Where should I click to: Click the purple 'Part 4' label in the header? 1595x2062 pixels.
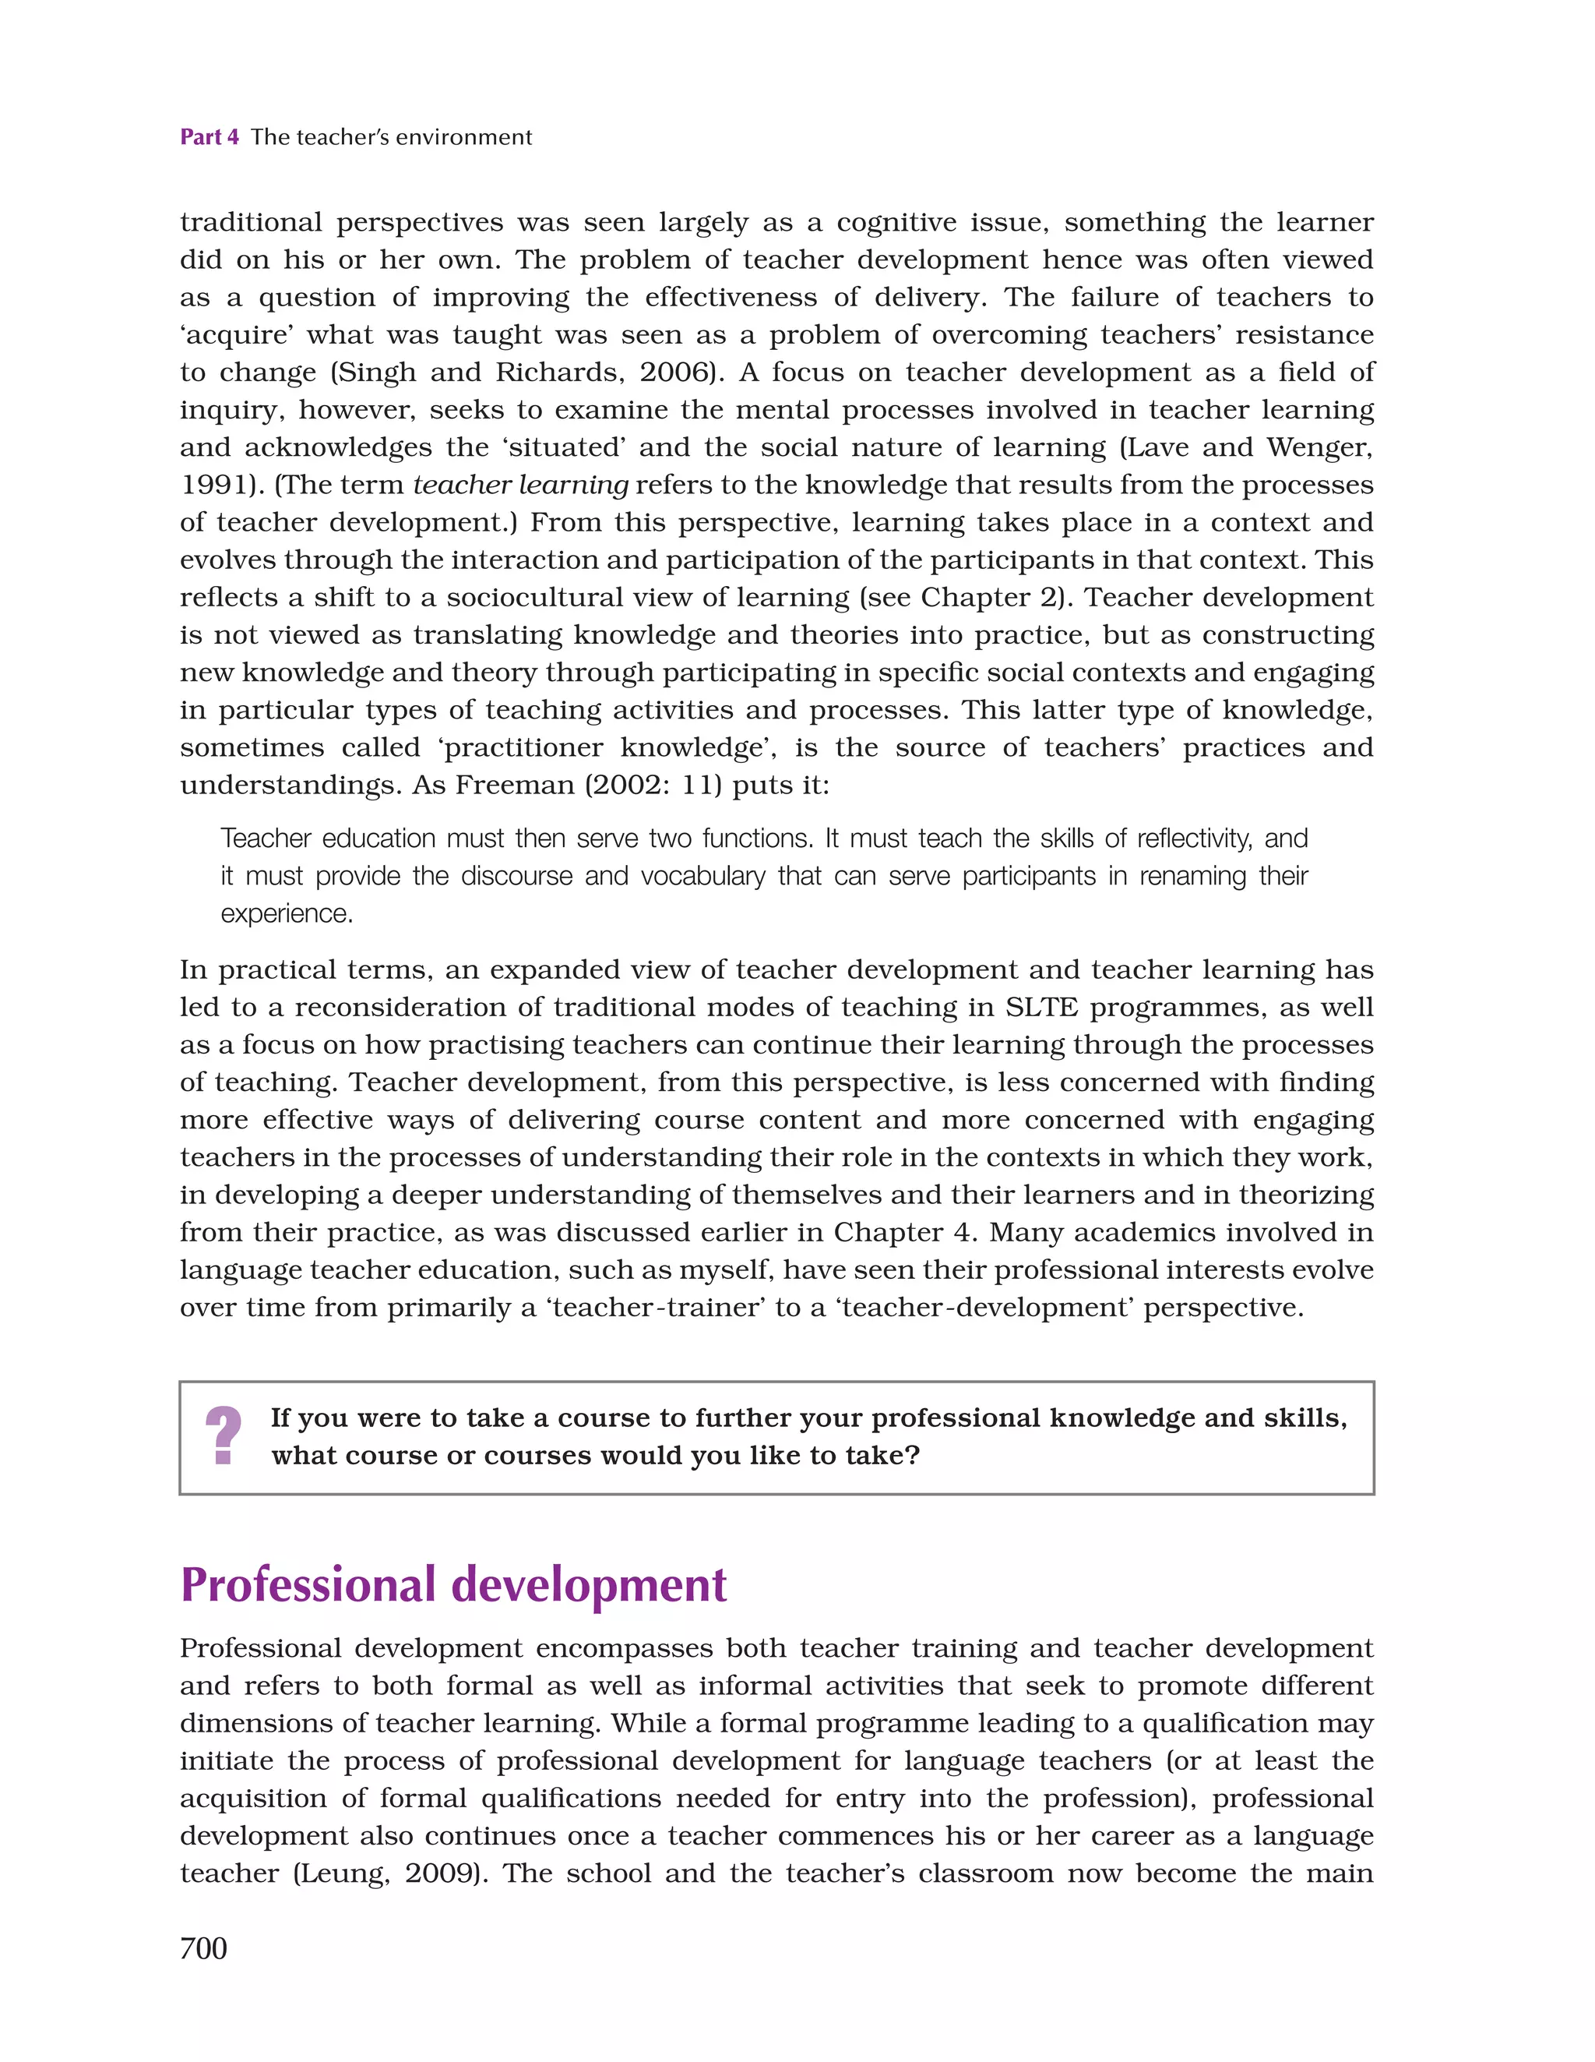point(209,137)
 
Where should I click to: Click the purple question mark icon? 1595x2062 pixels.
point(224,1436)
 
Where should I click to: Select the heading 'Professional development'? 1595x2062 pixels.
point(453,1584)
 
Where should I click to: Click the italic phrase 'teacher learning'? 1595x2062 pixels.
point(521,485)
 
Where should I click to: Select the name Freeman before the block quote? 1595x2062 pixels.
point(513,785)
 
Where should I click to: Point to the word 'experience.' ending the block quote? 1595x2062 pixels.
point(287,913)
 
